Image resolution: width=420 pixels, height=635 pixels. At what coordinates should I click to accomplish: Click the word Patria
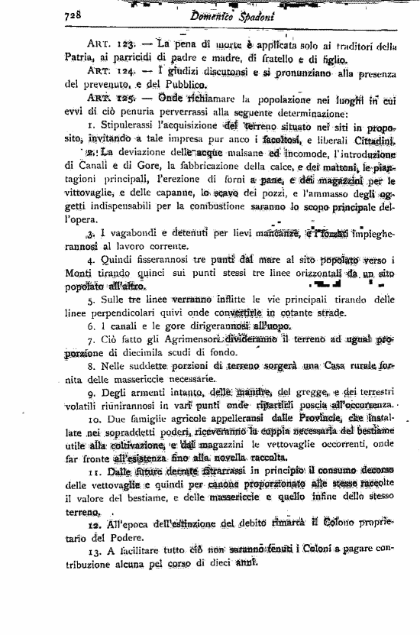coord(79,58)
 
